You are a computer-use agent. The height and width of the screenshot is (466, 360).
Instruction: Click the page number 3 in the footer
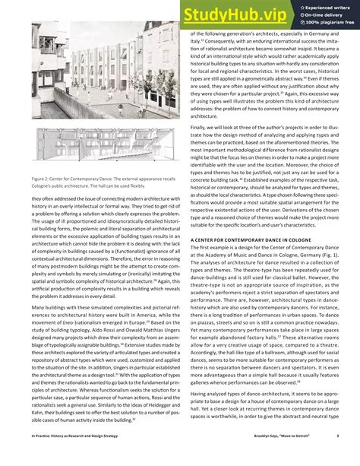[x=347, y=456]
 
